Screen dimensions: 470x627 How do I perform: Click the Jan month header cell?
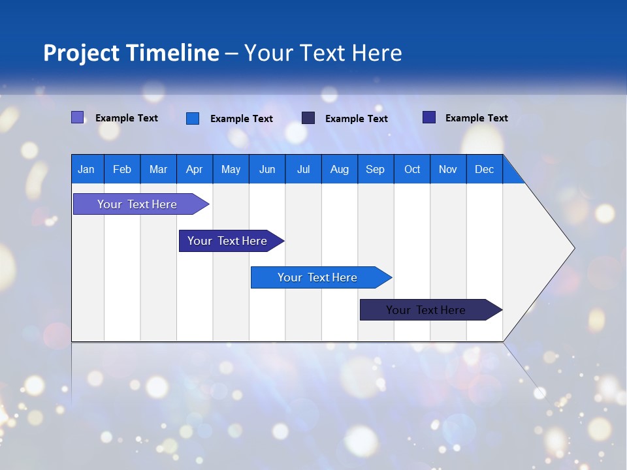point(86,169)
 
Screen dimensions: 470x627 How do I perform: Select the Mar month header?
point(158,169)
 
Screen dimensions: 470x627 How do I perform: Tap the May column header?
point(231,169)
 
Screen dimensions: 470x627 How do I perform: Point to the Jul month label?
point(303,169)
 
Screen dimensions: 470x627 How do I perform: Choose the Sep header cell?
point(375,169)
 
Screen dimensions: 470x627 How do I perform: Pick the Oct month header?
point(412,169)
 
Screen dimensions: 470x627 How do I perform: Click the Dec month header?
point(484,169)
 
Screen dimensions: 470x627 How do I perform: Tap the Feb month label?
point(122,169)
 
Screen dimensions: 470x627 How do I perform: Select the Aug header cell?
point(339,169)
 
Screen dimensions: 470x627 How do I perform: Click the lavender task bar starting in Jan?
point(137,204)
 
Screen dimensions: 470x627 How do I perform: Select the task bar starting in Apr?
point(227,241)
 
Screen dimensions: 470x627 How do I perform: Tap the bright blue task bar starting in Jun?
point(317,277)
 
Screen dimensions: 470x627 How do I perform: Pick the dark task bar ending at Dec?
point(426,310)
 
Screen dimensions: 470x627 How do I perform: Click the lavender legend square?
point(78,117)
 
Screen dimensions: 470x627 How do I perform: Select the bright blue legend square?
point(193,118)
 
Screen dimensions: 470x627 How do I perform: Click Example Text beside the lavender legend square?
point(127,118)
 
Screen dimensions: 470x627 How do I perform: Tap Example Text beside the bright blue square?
point(242,119)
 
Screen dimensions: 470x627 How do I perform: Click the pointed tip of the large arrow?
point(573,248)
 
